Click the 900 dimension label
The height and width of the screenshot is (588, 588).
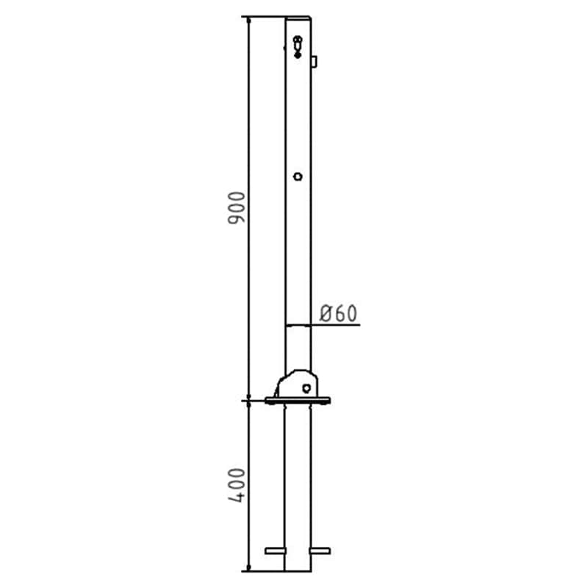[236, 208]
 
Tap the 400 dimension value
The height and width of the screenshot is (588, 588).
[236, 485]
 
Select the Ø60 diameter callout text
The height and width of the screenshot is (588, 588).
[338, 314]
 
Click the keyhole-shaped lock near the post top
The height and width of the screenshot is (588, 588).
[298, 47]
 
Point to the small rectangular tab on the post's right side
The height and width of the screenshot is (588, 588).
[315, 62]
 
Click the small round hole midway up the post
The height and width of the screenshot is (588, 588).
[298, 176]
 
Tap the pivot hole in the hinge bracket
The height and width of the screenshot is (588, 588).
[306, 388]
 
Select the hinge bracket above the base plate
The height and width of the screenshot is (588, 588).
[297, 384]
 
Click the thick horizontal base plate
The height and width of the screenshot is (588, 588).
[298, 401]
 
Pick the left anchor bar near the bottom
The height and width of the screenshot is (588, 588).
[275, 551]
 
